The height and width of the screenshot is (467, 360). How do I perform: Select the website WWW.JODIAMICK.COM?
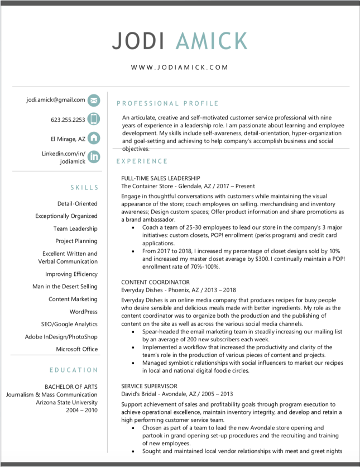click(180, 67)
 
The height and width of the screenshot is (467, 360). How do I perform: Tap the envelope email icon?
click(94, 101)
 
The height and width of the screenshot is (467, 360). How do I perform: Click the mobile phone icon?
click(94, 119)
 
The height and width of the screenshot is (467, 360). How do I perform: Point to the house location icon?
click(94, 138)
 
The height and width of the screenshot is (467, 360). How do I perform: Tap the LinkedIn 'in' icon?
click(94, 157)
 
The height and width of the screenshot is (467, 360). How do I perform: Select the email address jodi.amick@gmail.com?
click(56, 100)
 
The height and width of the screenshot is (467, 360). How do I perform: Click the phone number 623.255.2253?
click(68, 120)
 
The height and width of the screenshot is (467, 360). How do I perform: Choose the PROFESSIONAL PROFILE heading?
click(167, 103)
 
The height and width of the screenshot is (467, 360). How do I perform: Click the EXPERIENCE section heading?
click(142, 161)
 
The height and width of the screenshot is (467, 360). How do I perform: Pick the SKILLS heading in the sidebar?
click(84, 188)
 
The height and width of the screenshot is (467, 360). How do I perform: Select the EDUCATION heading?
click(74, 370)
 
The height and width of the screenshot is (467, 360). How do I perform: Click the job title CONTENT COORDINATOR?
click(147, 282)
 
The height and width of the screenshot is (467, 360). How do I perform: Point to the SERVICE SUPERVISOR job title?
click(149, 386)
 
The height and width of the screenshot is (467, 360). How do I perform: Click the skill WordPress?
click(83, 312)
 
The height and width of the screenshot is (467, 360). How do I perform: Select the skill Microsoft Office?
click(76, 349)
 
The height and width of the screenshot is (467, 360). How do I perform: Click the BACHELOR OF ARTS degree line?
click(71, 387)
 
